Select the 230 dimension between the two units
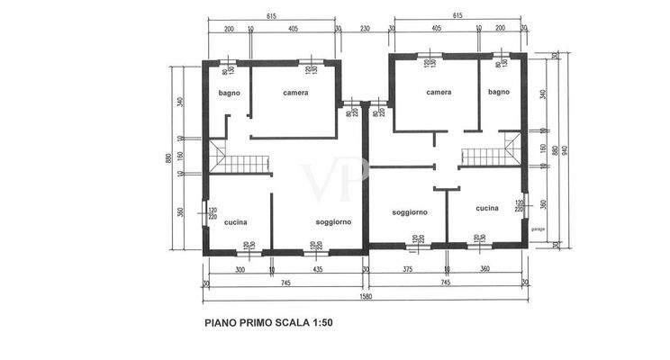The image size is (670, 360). (x=364, y=29)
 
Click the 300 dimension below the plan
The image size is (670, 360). (x=240, y=269)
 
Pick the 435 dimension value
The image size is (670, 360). (x=318, y=269)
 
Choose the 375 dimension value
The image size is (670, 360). (x=407, y=269)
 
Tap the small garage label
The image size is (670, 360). (x=538, y=229)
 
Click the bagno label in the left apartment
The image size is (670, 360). (x=228, y=93)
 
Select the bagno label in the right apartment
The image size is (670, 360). (x=499, y=92)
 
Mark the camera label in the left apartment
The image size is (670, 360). (x=295, y=93)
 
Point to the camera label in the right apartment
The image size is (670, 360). (x=439, y=92)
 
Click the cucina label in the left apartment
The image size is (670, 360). (x=235, y=221)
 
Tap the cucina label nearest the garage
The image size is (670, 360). (x=487, y=208)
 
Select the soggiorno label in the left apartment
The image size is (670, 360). (x=333, y=221)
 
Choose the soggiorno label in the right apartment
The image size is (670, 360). (x=410, y=212)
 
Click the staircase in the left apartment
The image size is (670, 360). (x=240, y=164)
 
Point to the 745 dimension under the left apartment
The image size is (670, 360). (x=285, y=283)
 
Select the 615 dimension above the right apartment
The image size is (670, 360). (x=457, y=16)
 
